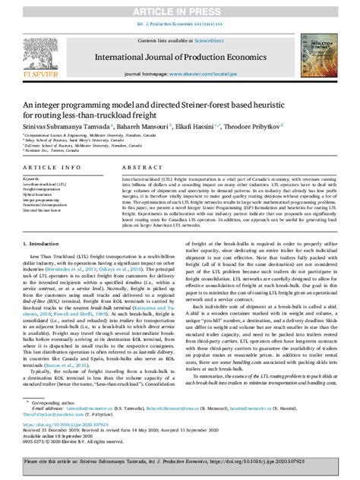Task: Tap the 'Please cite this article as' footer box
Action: pyautogui.click(x=180, y=463)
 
